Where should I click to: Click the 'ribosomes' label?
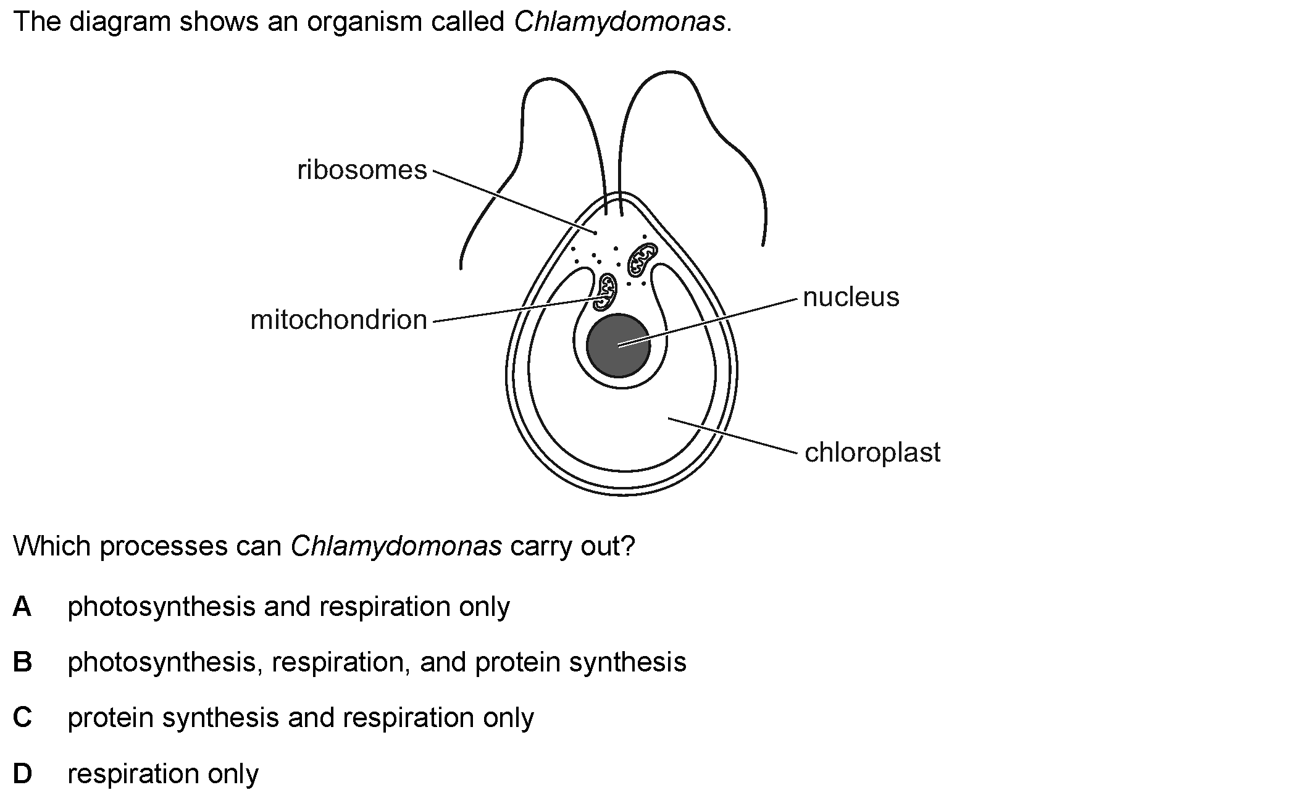pos(362,170)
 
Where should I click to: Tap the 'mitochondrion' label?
pos(338,320)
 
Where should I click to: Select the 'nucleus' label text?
pos(851,297)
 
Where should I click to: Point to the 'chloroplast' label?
pos(872,452)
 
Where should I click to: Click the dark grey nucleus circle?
pos(618,345)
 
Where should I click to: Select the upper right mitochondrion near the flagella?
pos(642,259)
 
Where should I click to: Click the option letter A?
pos(22,607)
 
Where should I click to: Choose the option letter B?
pos(22,662)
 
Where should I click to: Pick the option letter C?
pos(22,718)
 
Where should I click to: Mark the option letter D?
pos(22,774)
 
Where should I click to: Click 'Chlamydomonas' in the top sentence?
pos(619,22)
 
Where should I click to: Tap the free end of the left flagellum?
pos(461,268)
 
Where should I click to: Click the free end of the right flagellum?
pos(763,244)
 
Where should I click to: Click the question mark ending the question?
pos(629,547)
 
